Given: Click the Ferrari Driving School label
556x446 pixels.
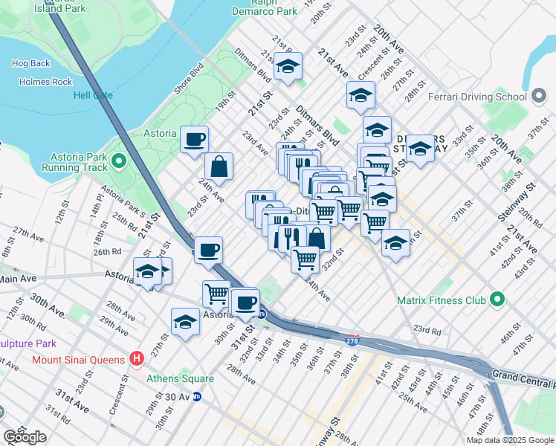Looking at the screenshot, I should pyautogui.click(x=478, y=97).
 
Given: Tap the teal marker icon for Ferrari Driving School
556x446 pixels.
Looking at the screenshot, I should pyautogui.click(x=540, y=97).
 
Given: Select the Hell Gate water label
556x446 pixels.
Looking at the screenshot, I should pyautogui.click(x=93, y=95).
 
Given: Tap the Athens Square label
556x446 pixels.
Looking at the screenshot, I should pyautogui.click(x=180, y=378).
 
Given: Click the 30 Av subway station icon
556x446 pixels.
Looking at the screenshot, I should pyautogui.click(x=197, y=397).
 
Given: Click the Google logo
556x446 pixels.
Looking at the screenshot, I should pyautogui.click(x=25, y=437).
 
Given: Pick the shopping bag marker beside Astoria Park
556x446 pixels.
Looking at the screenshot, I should pyautogui.click(x=219, y=167).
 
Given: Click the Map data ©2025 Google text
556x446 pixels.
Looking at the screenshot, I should pyautogui.click(x=510, y=440).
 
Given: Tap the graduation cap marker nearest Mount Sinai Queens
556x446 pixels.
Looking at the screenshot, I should pyautogui.click(x=185, y=322).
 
